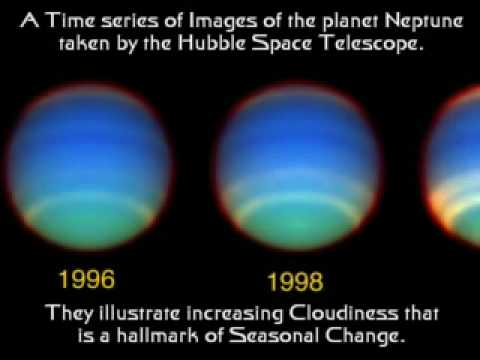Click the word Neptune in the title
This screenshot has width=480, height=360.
point(424,22)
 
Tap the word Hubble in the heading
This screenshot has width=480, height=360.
point(211,43)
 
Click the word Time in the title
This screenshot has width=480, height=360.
point(71,20)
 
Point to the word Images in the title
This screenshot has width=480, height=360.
point(223,22)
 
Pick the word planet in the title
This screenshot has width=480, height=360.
point(350,22)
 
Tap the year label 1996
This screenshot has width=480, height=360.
point(87,279)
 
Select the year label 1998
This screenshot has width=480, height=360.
point(295,282)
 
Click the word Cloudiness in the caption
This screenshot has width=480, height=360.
point(343,313)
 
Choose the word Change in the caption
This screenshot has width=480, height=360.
point(365,336)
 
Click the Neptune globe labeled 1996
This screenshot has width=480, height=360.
point(89,167)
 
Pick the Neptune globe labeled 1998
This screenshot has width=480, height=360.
point(298,167)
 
